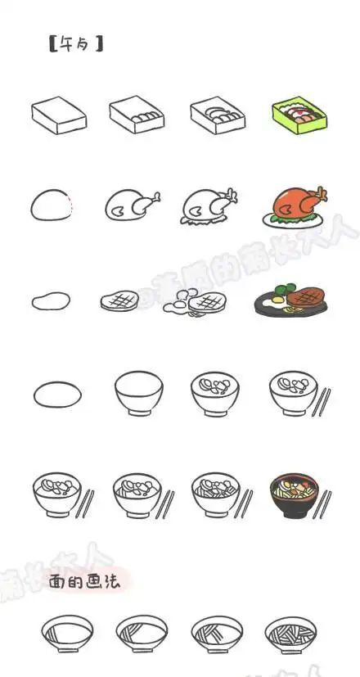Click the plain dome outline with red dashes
(x=53, y=205)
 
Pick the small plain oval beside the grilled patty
(x=50, y=301)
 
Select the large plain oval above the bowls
(x=57, y=394)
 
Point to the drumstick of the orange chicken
(x=319, y=196)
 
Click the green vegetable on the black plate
(x=282, y=289)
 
